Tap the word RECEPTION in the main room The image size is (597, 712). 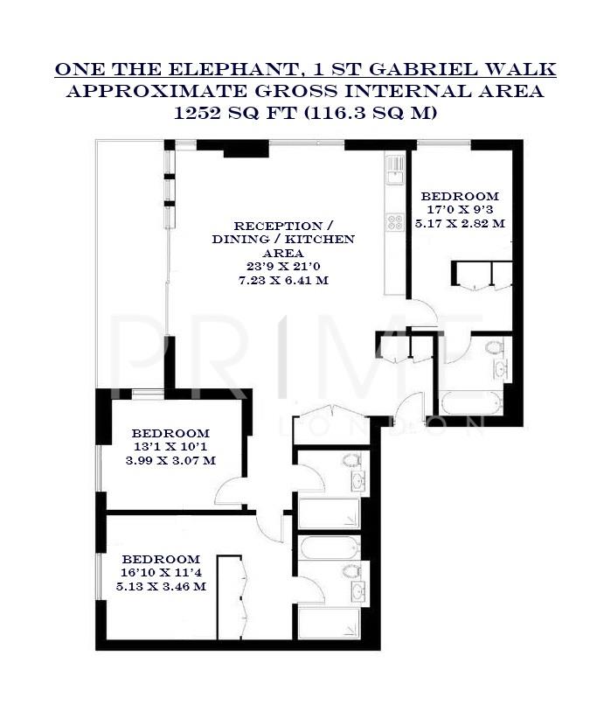tap(262, 225)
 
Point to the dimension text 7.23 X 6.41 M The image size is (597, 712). tap(284, 280)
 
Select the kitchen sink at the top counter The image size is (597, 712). tap(395, 164)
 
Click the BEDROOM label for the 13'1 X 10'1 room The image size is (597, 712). tap(170, 433)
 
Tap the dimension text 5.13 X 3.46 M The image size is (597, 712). tap(163, 587)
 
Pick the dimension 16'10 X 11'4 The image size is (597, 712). tap(162, 573)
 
